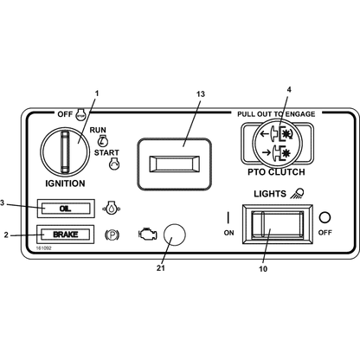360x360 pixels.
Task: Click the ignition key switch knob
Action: [65, 152]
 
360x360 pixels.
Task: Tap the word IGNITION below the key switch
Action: [65, 183]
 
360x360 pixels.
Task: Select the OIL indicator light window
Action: [66, 209]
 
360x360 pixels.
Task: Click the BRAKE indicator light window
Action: [66, 235]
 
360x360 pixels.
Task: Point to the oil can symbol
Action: [112, 208]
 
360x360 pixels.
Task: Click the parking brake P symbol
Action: [112, 235]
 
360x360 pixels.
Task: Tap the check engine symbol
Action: [148, 234]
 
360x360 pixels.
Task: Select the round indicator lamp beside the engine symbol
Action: [174, 235]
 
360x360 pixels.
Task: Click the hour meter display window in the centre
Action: [174, 164]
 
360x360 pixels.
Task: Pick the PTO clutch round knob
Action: [277, 143]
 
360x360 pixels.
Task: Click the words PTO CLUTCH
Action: [276, 172]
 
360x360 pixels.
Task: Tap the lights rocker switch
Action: [277, 224]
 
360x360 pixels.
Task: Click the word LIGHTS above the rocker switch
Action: [270, 194]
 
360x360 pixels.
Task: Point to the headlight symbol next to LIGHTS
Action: [297, 193]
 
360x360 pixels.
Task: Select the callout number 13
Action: [201, 94]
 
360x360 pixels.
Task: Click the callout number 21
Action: [161, 268]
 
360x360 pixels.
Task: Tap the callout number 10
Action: [263, 269]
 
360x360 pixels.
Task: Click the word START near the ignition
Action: [106, 152]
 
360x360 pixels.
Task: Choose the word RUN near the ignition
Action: [98, 130]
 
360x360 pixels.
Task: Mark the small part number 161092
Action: [43, 248]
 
